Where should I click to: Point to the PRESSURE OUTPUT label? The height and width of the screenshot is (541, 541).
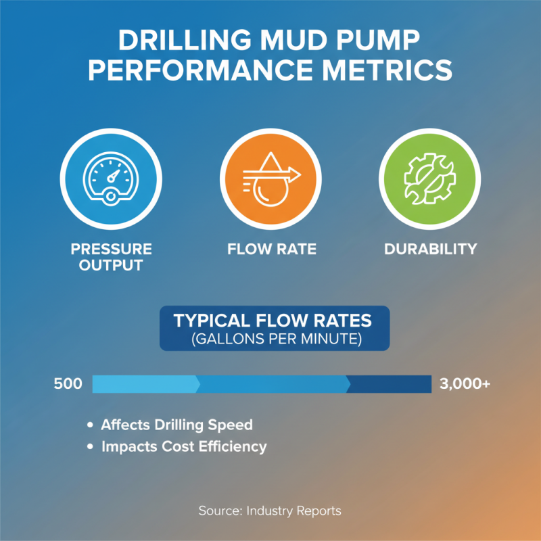pos(111,257)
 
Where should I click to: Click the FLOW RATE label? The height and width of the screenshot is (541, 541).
pos(270,249)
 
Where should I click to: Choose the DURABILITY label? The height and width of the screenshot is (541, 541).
pos(430,249)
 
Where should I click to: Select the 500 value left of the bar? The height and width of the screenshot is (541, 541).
pos(68,384)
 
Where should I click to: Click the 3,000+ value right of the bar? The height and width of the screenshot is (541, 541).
pos(465,384)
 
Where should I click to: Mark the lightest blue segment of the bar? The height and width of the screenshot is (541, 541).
pos(145,384)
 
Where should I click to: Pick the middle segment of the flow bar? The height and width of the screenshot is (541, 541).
pos(273,384)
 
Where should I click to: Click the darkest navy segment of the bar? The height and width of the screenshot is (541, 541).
pos(390,384)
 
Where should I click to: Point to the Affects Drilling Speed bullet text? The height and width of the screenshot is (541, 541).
pos(177,425)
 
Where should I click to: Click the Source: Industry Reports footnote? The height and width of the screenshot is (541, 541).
pos(270,511)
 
